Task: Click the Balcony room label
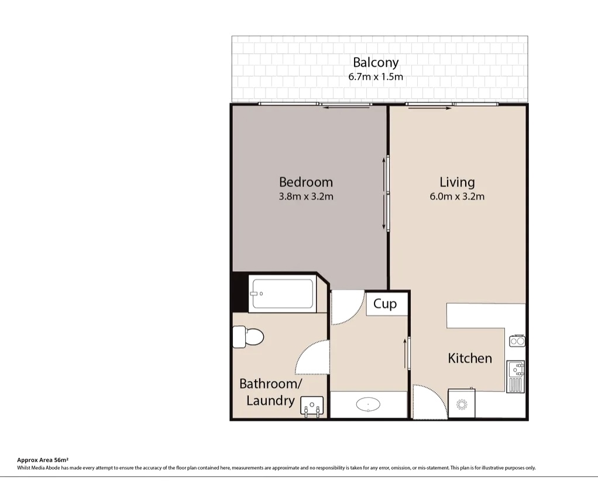pos(376,63)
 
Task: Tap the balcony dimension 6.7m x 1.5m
pos(376,77)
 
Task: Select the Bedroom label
pos(306,182)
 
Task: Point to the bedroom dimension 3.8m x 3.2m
pos(306,196)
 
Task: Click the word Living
pos(457,182)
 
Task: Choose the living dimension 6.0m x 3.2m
pos(457,196)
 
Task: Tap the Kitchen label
pos(470,358)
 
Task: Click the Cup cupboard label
pos(385,304)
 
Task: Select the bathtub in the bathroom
pos(282,293)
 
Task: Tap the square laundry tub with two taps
pos(312,406)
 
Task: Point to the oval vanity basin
pos(368,404)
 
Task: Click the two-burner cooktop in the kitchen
pos(517,341)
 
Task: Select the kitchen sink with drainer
pos(516,376)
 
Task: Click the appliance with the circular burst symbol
pos(462,404)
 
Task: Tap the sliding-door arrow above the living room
pos(430,108)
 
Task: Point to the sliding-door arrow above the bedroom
pos(346,108)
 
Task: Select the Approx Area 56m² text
pos(43,460)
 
